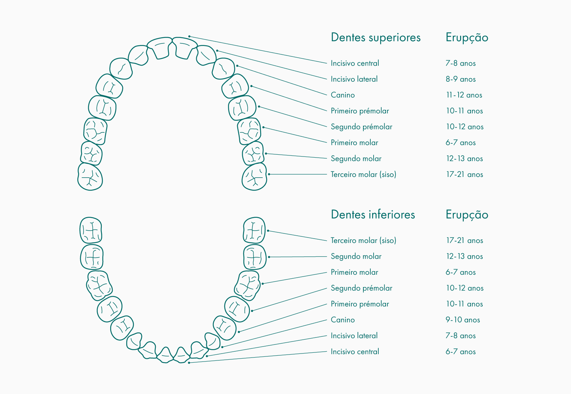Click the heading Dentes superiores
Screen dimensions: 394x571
point(375,38)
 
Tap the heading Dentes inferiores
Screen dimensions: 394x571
point(373,215)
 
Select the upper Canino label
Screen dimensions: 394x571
point(343,95)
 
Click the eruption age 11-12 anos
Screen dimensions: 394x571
point(464,95)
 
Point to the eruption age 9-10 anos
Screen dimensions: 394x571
point(463,320)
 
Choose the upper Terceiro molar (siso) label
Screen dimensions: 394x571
point(363,174)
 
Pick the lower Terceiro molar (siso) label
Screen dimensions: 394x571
point(363,240)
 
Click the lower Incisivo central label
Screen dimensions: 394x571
point(355,352)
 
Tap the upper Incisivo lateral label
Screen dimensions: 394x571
point(354,79)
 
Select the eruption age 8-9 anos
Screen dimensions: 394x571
point(460,79)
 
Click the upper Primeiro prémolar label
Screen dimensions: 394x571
point(360,111)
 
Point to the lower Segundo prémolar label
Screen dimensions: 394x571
point(361,288)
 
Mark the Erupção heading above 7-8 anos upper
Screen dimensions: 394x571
point(467,38)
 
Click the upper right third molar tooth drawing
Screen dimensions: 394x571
point(254,177)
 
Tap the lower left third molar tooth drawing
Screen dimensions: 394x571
point(91,230)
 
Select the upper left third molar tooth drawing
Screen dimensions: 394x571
point(90,177)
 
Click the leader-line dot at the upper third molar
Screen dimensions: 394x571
point(269,174)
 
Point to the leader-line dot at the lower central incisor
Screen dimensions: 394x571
point(189,363)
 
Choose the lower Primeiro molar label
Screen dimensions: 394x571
point(354,273)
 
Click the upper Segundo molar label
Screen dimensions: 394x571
point(356,159)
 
